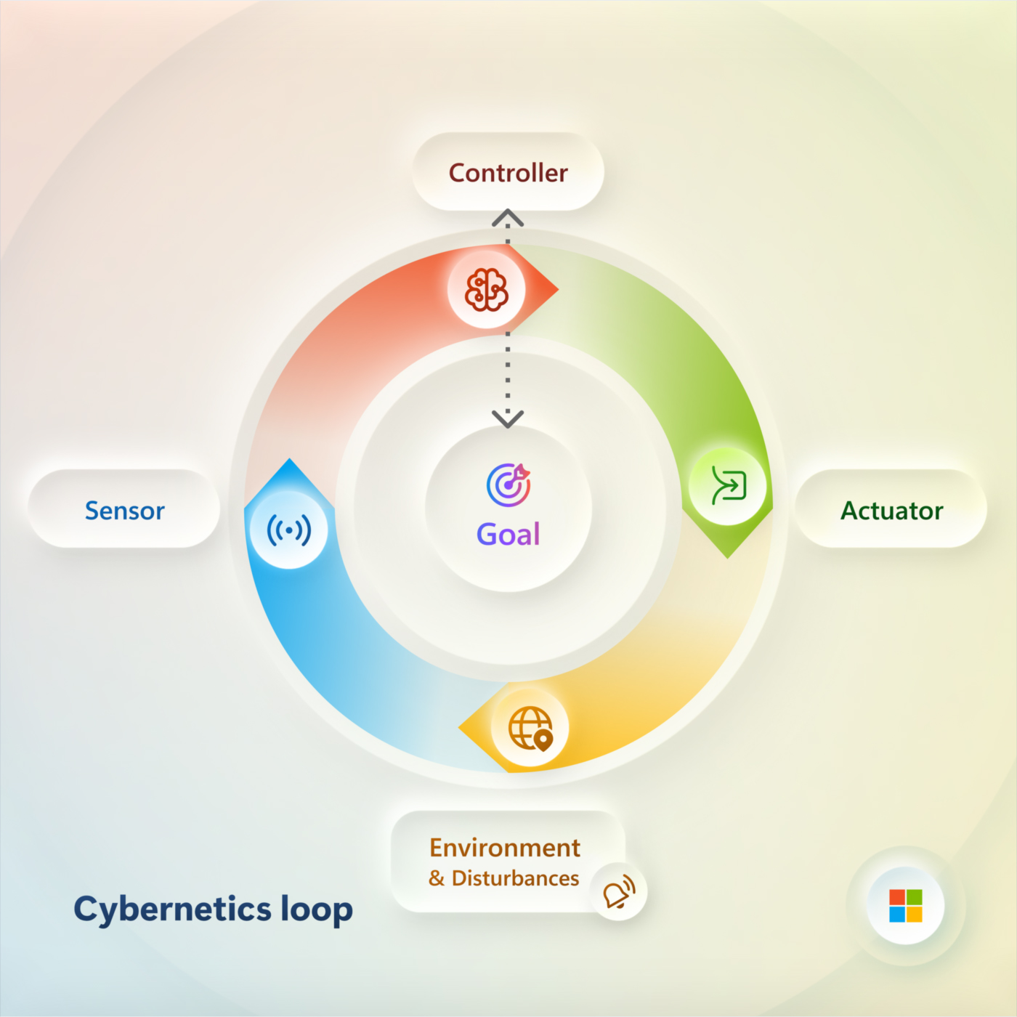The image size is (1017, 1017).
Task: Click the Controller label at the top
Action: click(x=508, y=173)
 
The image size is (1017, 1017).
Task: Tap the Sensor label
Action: click(x=124, y=511)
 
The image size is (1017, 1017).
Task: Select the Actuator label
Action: click(x=891, y=511)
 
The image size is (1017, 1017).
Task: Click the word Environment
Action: click(x=505, y=848)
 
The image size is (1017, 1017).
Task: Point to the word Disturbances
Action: click(x=515, y=878)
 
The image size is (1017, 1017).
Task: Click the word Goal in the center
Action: click(x=508, y=534)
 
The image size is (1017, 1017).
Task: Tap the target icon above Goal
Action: click(x=508, y=485)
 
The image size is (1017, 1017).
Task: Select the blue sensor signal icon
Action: click(x=288, y=530)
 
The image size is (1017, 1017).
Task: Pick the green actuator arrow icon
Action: click(x=729, y=485)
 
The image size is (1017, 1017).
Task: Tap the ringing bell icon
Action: click(x=618, y=891)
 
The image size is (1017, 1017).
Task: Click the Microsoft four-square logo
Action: click(x=906, y=906)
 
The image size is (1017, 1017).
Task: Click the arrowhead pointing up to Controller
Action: click(x=508, y=217)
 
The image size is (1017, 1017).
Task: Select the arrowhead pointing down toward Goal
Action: click(x=508, y=419)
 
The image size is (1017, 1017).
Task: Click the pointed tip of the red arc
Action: click(x=559, y=289)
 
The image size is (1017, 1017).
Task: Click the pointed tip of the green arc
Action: click(x=728, y=559)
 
